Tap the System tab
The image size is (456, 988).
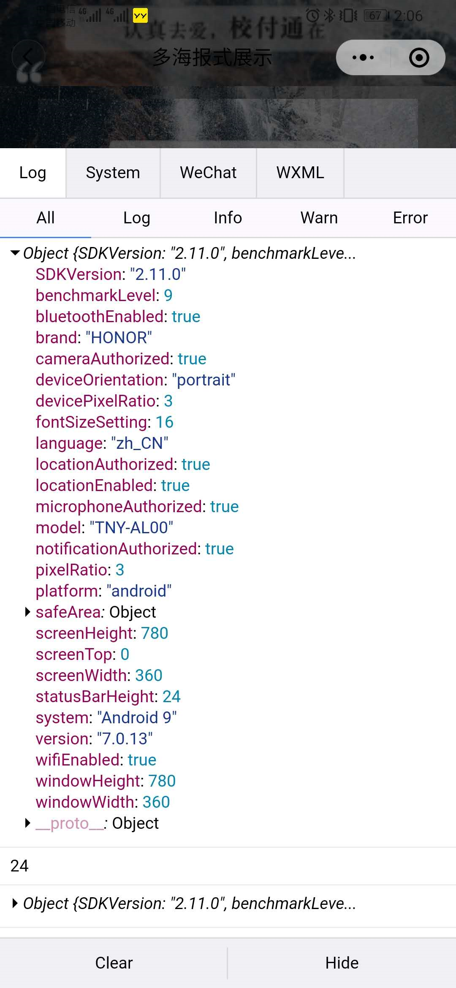click(113, 173)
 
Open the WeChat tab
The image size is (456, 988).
click(208, 173)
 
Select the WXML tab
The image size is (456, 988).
click(300, 173)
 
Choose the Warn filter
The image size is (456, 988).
click(319, 218)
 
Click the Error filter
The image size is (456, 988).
click(410, 218)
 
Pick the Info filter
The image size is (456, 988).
click(228, 218)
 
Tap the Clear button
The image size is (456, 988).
click(114, 963)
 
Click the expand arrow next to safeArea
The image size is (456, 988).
click(27, 612)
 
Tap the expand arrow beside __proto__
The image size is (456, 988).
click(27, 823)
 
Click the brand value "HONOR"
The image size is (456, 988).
click(119, 338)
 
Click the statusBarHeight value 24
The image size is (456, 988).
click(171, 697)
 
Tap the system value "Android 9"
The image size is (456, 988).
click(137, 718)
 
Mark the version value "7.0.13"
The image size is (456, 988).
click(125, 739)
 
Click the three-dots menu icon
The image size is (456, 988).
click(363, 57)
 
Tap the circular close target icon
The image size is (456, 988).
click(419, 57)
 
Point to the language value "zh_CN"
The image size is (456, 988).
click(139, 443)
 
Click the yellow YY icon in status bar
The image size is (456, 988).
click(140, 16)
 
